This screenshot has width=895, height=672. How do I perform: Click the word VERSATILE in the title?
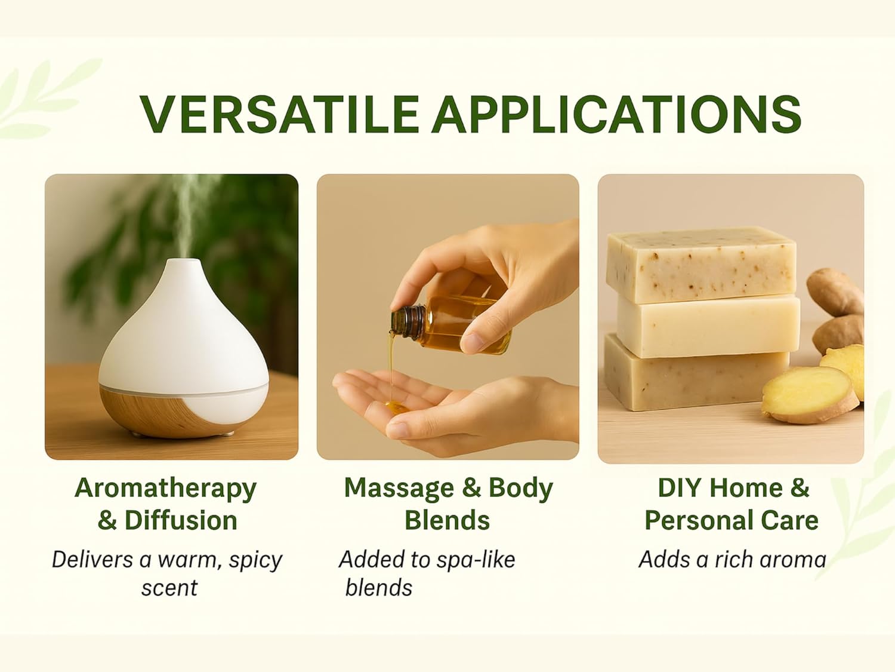tap(279, 114)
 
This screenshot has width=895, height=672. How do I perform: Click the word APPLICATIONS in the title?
tap(617, 114)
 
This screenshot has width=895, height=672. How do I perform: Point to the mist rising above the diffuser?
tap(189, 216)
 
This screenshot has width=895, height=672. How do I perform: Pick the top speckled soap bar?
tap(700, 265)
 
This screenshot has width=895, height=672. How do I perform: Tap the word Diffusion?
tap(181, 521)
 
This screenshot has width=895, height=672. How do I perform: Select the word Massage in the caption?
tap(399, 489)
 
